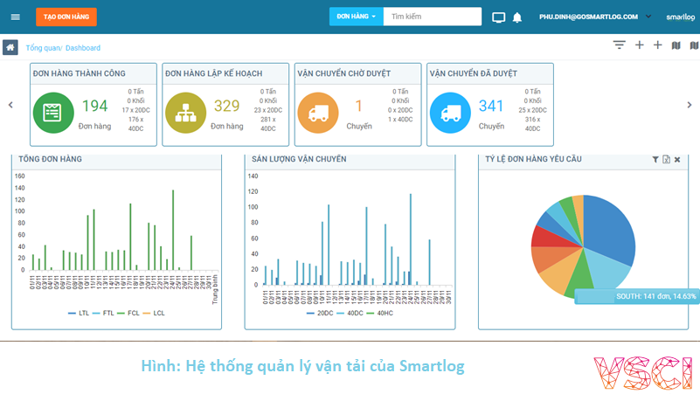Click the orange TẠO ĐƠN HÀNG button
(66, 17)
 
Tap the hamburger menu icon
(15, 17)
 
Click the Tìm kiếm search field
(433, 17)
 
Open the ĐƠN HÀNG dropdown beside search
(356, 17)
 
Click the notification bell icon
(517, 17)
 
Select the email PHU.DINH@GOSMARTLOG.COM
(588, 17)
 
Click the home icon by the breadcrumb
(10, 47)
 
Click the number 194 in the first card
(94, 107)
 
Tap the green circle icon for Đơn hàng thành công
(53, 113)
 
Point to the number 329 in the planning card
(226, 107)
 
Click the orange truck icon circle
(318, 113)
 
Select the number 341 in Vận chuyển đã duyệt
(491, 107)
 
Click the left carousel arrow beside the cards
(10, 105)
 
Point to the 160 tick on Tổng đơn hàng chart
(19, 176)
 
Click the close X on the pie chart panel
(677, 160)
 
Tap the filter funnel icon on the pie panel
(655, 160)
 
